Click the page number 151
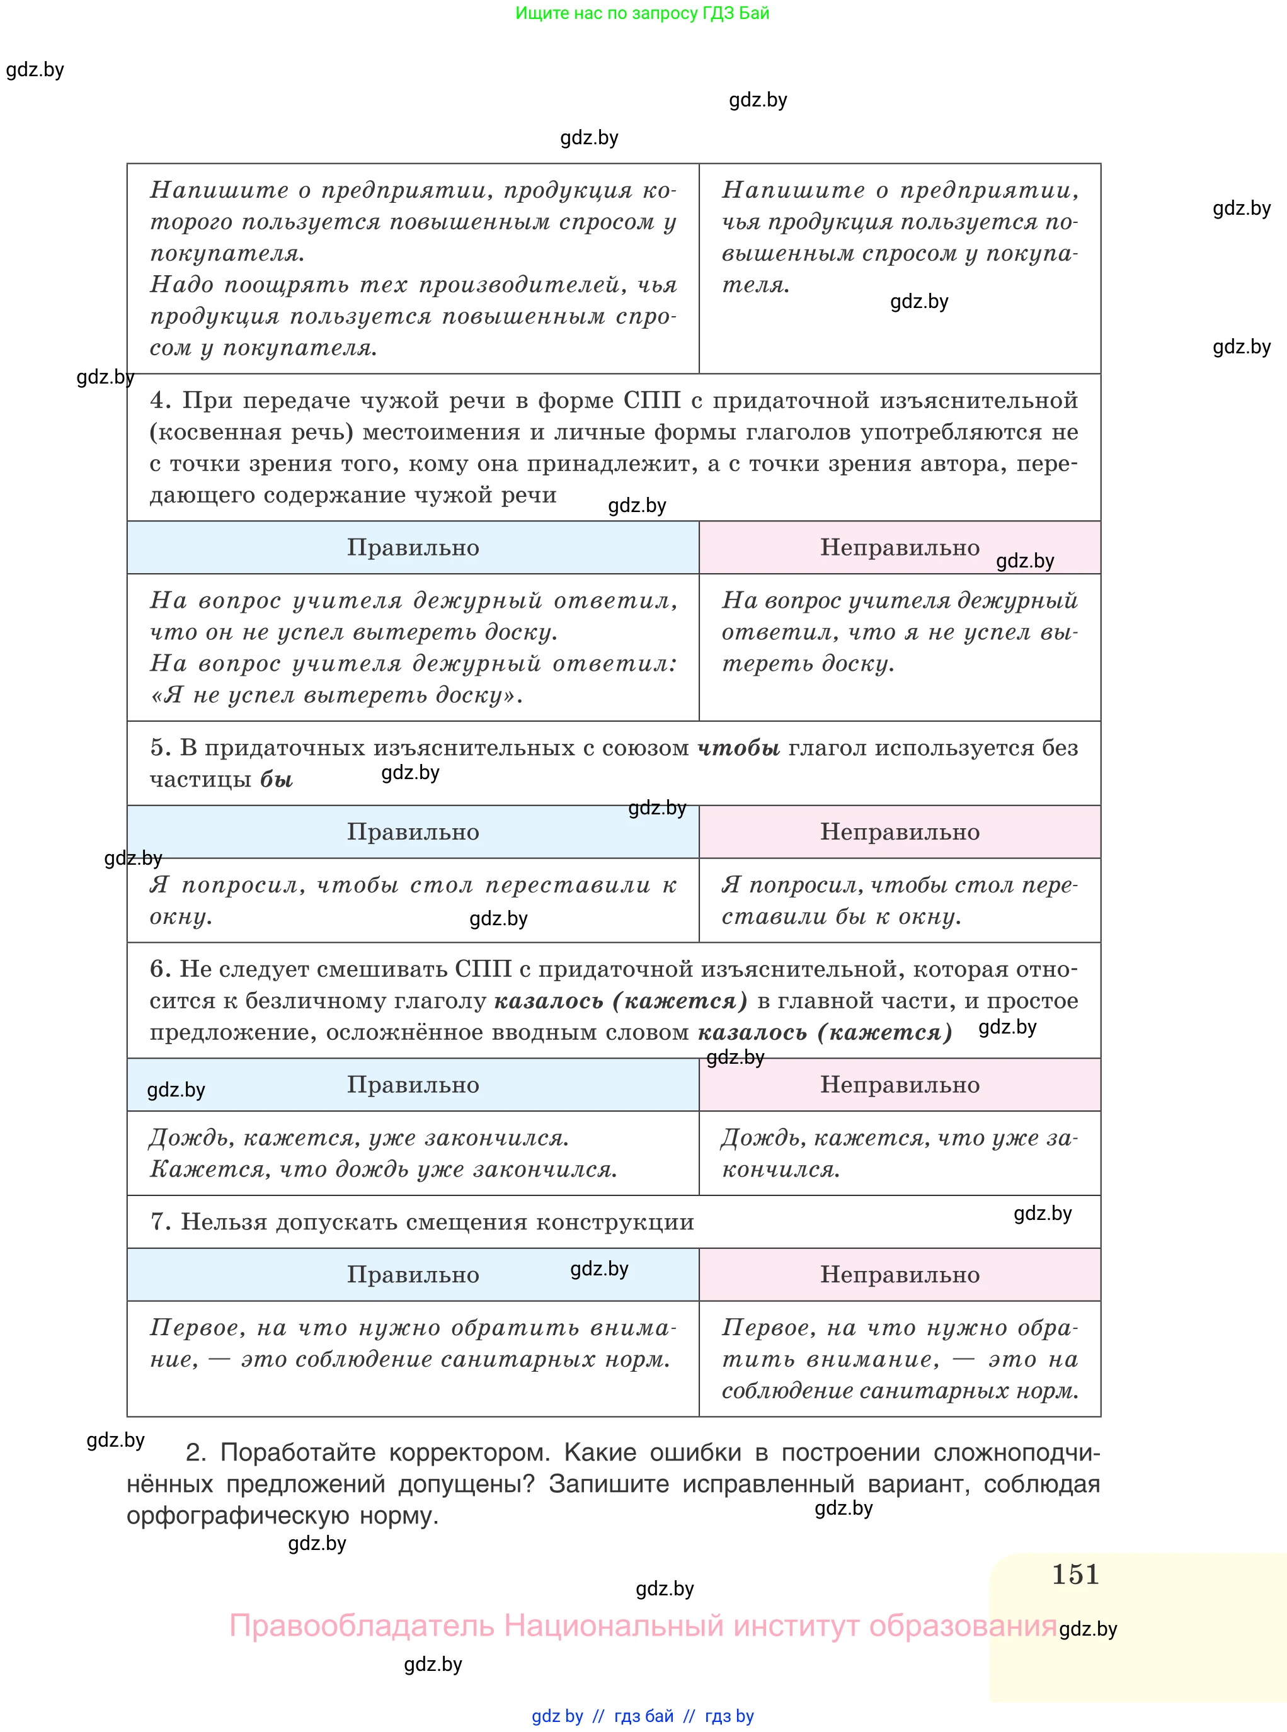[1075, 1574]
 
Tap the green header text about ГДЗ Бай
[642, 13]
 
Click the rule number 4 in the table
[160, 401]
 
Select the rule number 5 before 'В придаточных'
[160, 748]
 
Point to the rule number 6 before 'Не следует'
[160, 969]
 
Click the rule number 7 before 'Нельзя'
[160, 1222]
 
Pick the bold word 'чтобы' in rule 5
[738, 748]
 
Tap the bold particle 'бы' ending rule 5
[277, 780]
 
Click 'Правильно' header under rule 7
[413, 1275]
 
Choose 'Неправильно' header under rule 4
[900, 547]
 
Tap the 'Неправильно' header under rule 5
[900, 832]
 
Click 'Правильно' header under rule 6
[413, 1085]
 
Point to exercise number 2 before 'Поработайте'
[195, 1452]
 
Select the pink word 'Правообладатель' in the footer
[362, 1626]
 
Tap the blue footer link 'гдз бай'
[644, 1716]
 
